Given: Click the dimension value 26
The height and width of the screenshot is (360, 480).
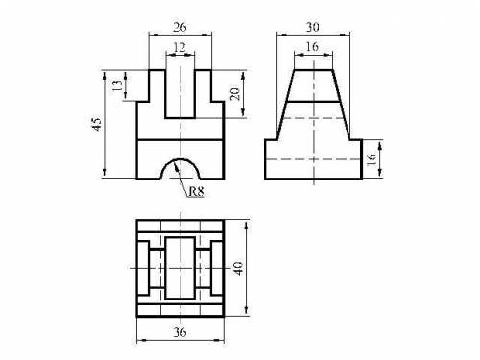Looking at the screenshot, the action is click(x=180, y=27).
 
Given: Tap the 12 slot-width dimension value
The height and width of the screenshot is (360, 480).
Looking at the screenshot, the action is click(x=180, y=47).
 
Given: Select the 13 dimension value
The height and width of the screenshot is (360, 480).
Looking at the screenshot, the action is click(x=117, y=85).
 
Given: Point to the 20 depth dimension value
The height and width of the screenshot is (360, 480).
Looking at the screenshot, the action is click(x=235, y=94).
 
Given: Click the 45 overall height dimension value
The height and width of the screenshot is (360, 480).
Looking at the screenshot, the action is click(x=97, y=124).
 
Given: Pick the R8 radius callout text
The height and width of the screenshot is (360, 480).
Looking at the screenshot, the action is click(x=196, y=191).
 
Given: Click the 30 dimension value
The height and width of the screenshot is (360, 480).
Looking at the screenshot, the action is click(x=313, y=27).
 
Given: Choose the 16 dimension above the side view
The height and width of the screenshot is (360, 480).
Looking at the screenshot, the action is click(x=312, y=47).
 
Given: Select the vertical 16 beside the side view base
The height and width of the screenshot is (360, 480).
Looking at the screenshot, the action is click(x=372, y=159).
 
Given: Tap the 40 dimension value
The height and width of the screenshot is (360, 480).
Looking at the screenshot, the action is click(x=238, y=268).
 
